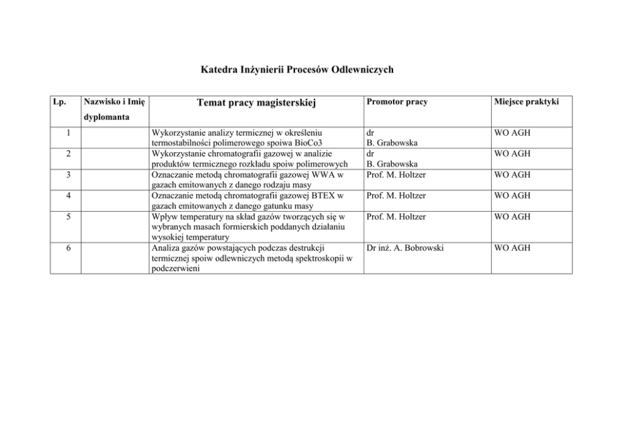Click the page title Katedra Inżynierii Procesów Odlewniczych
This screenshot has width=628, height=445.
pos(296,69)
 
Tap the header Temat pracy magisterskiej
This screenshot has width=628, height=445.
pos(256,102)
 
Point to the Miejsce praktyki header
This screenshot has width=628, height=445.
pos(527,102)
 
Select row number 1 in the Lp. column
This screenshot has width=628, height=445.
pos(68,132)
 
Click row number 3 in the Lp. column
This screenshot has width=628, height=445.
pos(68,174)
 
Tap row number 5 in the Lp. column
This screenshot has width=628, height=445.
pos(68,216)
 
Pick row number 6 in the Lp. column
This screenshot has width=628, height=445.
pos(68,247)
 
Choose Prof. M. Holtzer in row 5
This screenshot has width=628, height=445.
pos(396,216)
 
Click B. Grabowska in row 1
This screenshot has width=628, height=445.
pos(392,143)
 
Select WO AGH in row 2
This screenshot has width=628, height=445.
pos(512,153)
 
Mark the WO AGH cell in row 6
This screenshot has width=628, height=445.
pos(512,247)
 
